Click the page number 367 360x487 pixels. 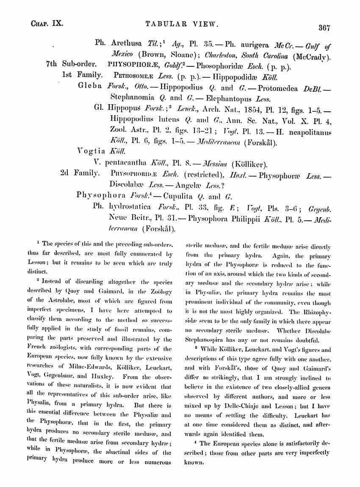tap(324, 28)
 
